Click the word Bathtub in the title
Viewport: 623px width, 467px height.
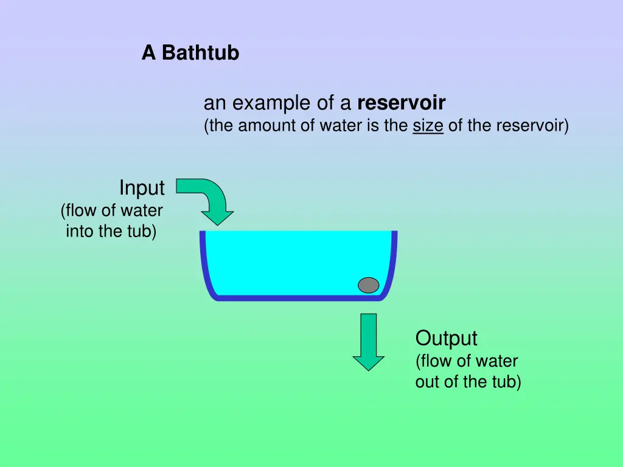click(x=200, y=54)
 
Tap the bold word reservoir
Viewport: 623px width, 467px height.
click(x=402, y=103)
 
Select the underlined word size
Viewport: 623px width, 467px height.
click(x=428, y=126)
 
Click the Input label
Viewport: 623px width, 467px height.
click(x=142, y=188)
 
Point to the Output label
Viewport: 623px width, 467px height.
click(x=446, y=338)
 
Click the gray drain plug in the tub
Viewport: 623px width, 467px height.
click(x=368, y=285)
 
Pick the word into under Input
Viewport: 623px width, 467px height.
click(x=79, y=232)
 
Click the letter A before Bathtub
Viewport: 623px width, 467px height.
click(x=148, y=54)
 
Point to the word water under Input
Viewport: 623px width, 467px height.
click(x=142, y=210)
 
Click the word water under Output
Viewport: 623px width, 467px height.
click(x=496, y=361)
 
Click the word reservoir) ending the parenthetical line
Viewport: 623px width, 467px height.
click(x=532, y=126)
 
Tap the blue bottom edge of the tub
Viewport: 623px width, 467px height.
click(x=298, y=298)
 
